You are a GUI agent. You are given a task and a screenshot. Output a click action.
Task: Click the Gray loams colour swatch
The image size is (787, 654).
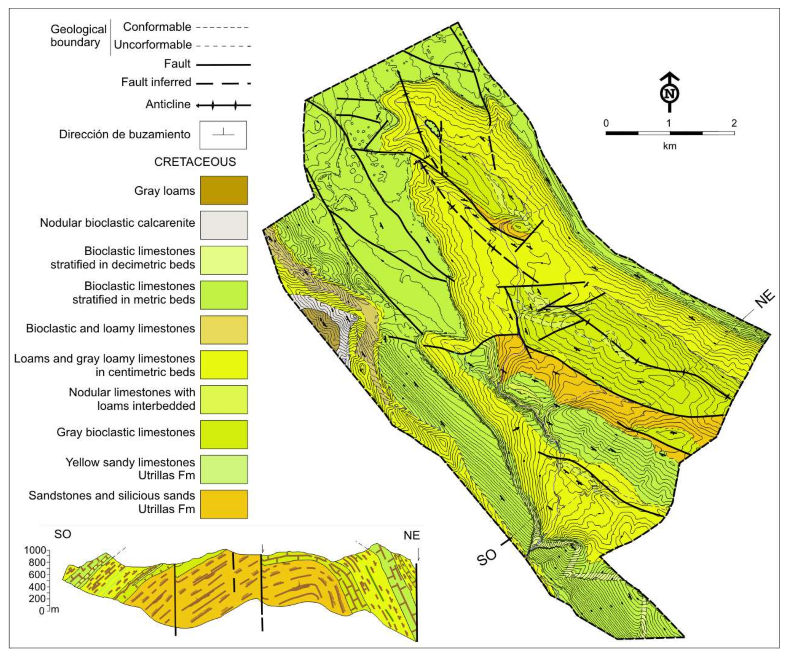224,190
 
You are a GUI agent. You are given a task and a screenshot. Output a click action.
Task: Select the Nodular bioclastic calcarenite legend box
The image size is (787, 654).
224,225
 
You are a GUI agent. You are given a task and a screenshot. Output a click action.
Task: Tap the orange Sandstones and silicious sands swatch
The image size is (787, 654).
224,504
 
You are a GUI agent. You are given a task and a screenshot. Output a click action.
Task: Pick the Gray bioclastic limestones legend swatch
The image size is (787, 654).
224,434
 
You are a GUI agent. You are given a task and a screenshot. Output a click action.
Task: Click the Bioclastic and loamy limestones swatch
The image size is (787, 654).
224,329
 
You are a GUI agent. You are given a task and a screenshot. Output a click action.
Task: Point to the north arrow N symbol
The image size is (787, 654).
669,93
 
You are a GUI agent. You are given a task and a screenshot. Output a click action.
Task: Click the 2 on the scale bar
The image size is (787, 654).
734,123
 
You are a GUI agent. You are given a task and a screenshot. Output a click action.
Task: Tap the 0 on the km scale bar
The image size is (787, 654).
606,123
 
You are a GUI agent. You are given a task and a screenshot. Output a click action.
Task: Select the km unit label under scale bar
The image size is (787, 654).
669,146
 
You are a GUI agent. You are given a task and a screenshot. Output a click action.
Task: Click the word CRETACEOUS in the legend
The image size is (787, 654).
195,162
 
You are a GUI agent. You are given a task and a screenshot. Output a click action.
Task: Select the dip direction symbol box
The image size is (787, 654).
223,135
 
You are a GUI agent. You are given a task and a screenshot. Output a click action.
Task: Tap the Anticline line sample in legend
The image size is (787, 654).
224,105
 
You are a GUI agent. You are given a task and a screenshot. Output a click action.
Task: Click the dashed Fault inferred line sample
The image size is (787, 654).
224,83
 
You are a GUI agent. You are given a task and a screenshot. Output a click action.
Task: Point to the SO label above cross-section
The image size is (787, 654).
63,534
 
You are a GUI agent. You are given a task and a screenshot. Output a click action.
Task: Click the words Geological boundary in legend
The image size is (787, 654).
78,36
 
